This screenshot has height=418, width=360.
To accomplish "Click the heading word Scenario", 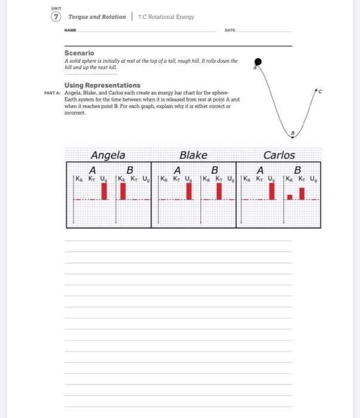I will click(x=79, y=53).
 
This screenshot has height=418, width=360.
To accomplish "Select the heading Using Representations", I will click(x=102, y=85).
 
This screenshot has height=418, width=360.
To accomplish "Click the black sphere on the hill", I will click(x=258, y=61).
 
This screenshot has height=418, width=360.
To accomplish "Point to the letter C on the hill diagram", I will click(x=319, y=91).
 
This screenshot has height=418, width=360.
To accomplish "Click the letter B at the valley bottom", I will click(x=293, y=133).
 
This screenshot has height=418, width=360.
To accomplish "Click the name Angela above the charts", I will click(x=107, y=155).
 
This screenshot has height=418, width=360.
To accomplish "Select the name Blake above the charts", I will click(x=193, y=155).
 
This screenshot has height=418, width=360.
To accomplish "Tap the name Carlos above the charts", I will click(x=279, y=155).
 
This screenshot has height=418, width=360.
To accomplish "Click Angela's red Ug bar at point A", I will click(x=104, y=191).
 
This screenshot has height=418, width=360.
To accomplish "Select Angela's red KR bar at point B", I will click(x=123, y=191).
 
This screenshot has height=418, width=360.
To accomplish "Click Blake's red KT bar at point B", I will click(x=219, y=191).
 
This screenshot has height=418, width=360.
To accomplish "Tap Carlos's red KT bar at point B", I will click(x=302, y=193).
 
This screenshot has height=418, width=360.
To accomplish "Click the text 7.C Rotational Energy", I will click(x=167, y=17).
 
